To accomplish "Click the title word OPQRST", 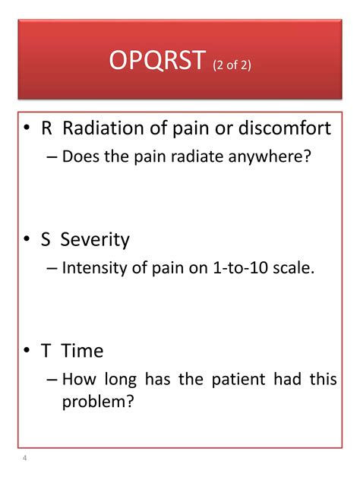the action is pos(157,60).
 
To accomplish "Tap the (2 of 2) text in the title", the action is pos(232,65).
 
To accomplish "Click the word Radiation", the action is pos(103,128).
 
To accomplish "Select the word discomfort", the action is pos(285,128).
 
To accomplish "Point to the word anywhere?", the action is pos(270,157).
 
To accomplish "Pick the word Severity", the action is pos(95,240).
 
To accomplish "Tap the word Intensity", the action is pos(95,268).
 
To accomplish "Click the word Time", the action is pos(82,351).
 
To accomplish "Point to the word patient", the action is pos(238,380).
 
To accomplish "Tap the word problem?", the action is pos(98,402).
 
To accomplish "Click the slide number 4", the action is pos(24,458).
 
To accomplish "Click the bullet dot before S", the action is pos(27,238).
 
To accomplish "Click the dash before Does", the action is pos(52,157).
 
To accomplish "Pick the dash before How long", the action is pos(52,380).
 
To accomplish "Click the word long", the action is pos(121,380).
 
